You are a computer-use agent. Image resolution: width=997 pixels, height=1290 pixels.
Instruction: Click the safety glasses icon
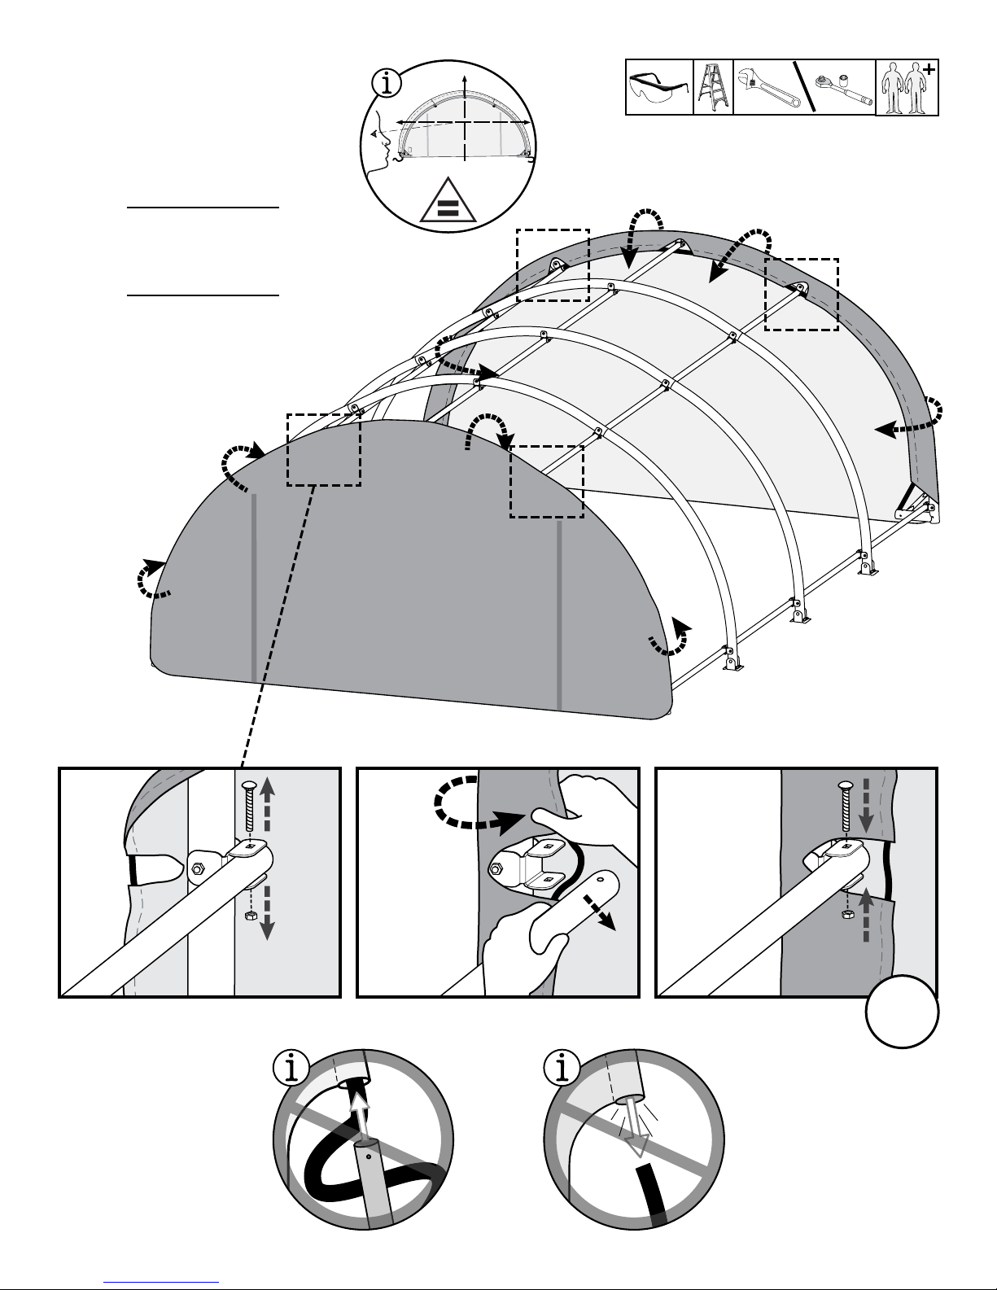pos(659,86)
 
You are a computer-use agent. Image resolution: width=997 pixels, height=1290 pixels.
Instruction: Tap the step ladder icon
pos(712,87)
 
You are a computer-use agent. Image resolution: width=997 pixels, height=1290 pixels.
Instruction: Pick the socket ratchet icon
pos(843,90)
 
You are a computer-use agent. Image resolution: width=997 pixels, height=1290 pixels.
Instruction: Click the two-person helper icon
pos(906,87)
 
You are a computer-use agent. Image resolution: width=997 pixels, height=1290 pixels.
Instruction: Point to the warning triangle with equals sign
pos(447,201)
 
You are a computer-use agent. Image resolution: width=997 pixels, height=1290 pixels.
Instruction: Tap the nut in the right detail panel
pos(846,916)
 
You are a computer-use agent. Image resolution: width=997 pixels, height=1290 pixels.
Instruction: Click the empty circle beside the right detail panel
pos(902,1011)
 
